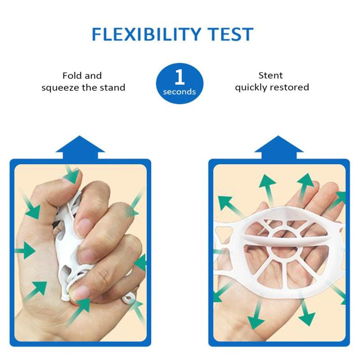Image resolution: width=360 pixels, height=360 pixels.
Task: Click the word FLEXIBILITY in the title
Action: pyautogui.click(x=147, y=34)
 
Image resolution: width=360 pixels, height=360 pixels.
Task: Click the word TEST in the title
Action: pyautogui.click(x=230, y=34)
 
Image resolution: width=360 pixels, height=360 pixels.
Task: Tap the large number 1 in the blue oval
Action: pyautogui.click(x=180, y=77)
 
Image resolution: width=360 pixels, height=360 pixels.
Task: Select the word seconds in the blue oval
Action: pyautogui.click(x=179, y=92)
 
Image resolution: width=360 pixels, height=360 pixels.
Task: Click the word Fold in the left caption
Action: pyautogui.click(x=72, y=76)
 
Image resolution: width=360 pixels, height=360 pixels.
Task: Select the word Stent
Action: pyautogui.click(x=270, y=75)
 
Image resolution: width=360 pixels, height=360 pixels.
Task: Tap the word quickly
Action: pyautogui.click(x=251, y=87)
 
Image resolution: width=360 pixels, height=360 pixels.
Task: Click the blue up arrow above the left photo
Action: pyautogui.click(x=80, y=147)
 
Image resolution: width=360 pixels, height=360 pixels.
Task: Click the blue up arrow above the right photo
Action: pyautogui.click(x=279, y=147)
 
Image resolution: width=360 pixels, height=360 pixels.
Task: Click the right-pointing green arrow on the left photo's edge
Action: pyautogui.click(x=25, y=251)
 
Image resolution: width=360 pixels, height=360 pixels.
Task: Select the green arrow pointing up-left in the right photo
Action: pyautogui.click(x=230, y=206)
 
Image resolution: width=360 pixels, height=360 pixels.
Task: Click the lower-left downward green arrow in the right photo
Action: pyautogui.click(x=256, y=314)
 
